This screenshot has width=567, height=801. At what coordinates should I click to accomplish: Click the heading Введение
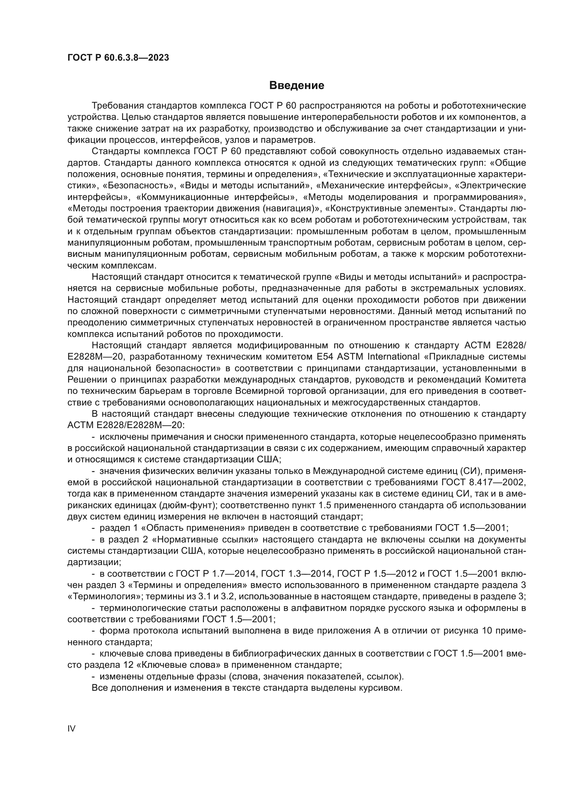297,86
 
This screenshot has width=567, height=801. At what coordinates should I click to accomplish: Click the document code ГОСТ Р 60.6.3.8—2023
118,58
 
